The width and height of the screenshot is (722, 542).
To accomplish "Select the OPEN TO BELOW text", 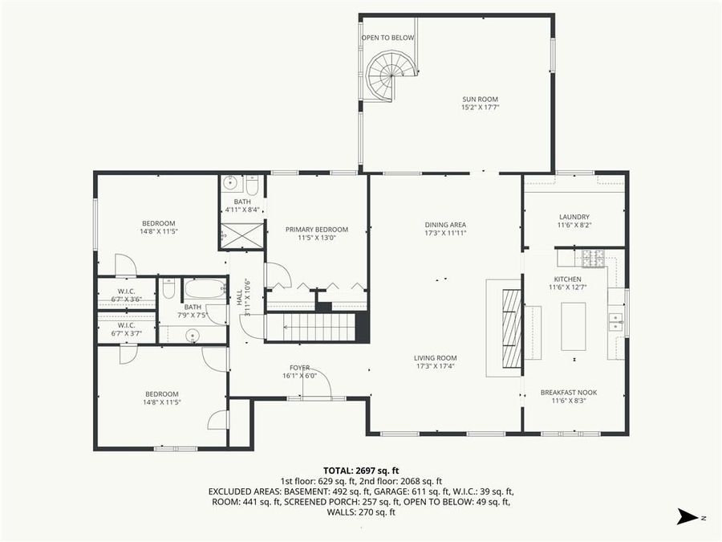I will click(x=387, y=38).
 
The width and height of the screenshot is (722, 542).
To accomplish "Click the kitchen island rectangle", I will click(x=573, y=325).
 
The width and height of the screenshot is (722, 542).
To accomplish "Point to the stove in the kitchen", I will click(x=592, y=258).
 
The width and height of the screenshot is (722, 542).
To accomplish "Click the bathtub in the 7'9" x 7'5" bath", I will click(x=206, y=287).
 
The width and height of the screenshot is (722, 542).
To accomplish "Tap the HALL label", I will click(x=239, y=296).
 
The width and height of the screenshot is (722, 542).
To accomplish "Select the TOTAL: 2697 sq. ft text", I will click(x=361, y=471).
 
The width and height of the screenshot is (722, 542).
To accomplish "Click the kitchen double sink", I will click(x=615, y=322).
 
